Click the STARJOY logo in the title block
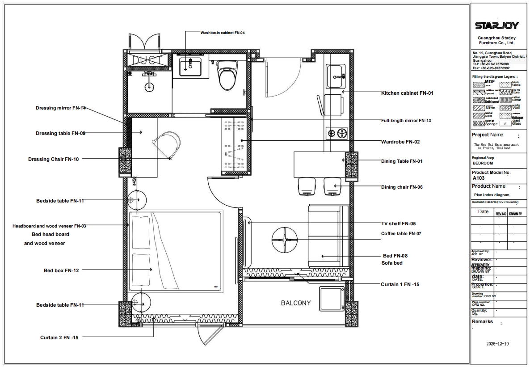tap(496, 25)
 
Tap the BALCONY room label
tap(296, 303)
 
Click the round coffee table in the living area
tap(284, 240)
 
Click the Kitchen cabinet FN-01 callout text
tap(407, 93)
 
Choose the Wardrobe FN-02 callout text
tap(400, 142)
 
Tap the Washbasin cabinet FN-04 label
tap(222, 33)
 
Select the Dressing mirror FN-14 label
tap(61, 108)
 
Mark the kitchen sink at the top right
tap(336, 76)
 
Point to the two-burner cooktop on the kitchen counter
tap(337, 132)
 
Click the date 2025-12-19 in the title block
tap(497, 344)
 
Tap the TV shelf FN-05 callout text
tap(400, 224)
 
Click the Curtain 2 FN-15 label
tap(59, 337)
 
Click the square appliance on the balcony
tap(331, 298)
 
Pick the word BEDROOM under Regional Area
tap(483, 163)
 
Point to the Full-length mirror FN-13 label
tap(406, 121)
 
